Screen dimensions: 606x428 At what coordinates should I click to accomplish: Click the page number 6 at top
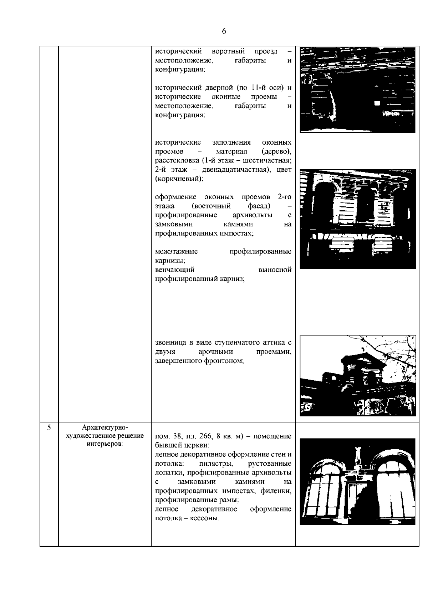tap(224, 31)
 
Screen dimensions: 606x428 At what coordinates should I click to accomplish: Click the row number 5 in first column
tap(49, 427)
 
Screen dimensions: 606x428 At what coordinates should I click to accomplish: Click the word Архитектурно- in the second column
tap(105, 427)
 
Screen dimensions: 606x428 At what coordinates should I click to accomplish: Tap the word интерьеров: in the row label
tap(105, 444)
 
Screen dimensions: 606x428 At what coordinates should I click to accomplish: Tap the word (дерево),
tap(276, 151)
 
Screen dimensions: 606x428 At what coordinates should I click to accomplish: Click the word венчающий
tap(175, 270)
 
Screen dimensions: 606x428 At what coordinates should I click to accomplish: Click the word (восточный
tap(211, 206)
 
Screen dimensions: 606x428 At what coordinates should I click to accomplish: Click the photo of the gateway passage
tap(357, 90)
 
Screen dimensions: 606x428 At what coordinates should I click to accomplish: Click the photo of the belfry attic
tap(357, 375)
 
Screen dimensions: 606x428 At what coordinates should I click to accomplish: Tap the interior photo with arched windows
tap(357, 481)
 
